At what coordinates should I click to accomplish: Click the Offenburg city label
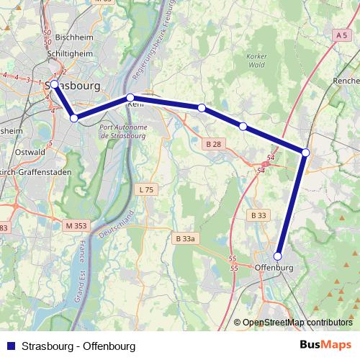click(275, 268)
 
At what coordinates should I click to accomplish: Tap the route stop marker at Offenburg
click(278, 255)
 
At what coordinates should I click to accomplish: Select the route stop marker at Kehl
click(130, 97)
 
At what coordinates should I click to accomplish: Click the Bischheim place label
click(64, 37)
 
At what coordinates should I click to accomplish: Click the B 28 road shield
click(214, 145)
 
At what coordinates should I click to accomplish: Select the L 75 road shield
click(144, 189)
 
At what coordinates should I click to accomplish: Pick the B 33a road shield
click(186, 238)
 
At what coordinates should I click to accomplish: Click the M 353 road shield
click(75, 225)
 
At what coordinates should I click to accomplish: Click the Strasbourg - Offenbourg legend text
click(78, 345)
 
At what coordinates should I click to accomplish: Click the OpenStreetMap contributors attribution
click(297, 323)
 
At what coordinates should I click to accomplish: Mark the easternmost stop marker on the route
click(305, 153)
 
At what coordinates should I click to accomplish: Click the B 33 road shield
click(258, 215)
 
